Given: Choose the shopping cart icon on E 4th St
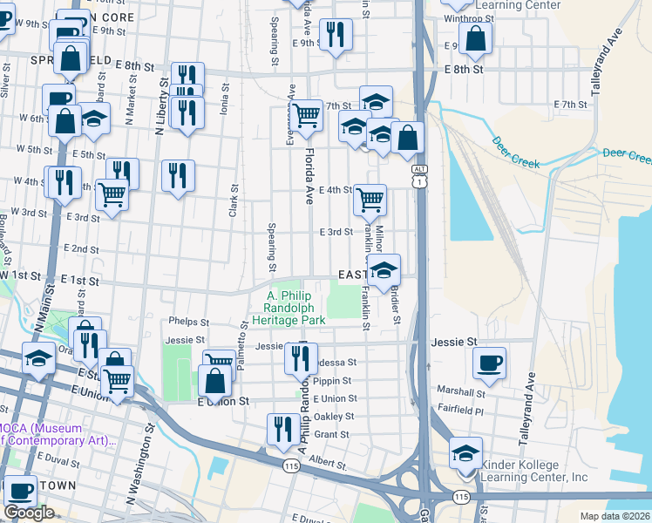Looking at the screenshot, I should [370, 200].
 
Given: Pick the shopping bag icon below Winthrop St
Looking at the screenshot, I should [475, 37].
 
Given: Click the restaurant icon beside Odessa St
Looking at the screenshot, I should [300, 357].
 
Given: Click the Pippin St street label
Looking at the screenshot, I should [332, 381].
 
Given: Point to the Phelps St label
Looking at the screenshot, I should [190, 322].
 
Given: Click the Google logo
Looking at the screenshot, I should [30, 513].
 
